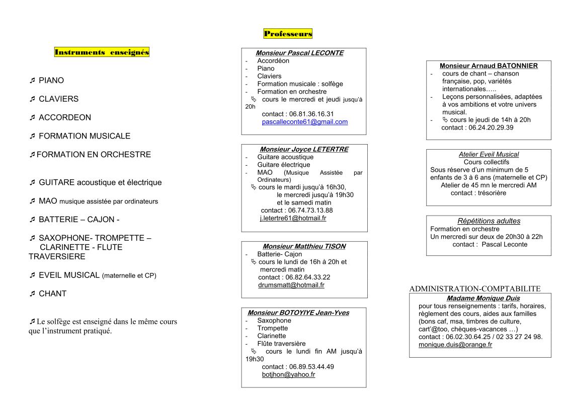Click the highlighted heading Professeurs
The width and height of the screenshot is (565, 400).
click(288, 34)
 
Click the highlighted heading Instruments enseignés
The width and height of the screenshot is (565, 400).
click(102, 52)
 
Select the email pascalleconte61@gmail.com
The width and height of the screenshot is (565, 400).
click(305, 122)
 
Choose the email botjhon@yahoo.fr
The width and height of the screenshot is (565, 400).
click(288, 375)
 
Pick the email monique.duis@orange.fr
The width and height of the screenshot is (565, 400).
click(455, 345)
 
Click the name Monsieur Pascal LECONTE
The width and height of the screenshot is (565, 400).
click(299, 53)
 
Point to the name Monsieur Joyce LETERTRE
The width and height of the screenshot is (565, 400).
click(304, 149)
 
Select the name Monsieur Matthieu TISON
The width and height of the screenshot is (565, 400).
click(304, 246)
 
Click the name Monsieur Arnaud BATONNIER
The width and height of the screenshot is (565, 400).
click(489, 65)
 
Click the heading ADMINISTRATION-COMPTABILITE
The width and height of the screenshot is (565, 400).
click(475, 289)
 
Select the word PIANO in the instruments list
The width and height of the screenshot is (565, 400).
click(51, 81)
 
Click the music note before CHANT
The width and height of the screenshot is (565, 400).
click(32, 294)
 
